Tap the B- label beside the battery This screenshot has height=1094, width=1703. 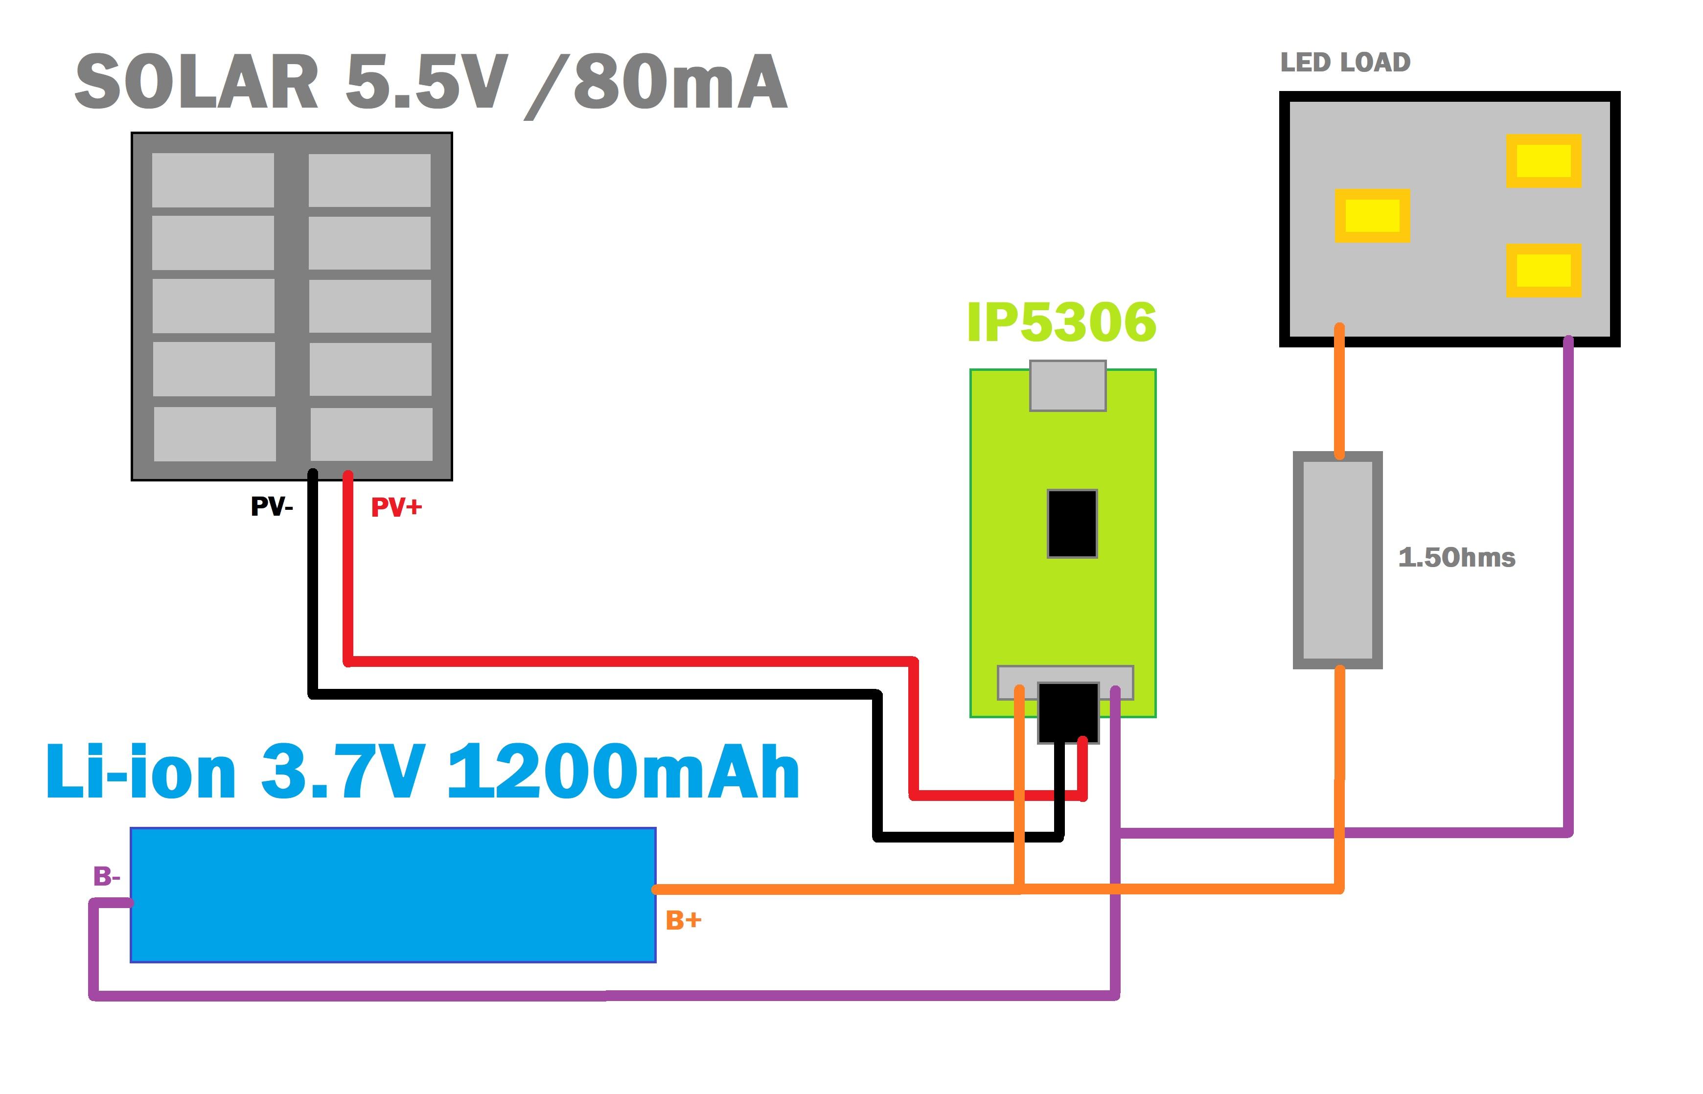(107, 877)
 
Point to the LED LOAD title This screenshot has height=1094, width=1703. (1345, 63)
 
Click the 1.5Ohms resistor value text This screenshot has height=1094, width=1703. (1456, 558)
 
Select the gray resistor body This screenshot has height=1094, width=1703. (1337, 560)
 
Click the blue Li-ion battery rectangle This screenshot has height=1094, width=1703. (392, 894)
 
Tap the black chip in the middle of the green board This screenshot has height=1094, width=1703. (1072, 524)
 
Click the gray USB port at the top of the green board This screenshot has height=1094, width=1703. (1068, 386)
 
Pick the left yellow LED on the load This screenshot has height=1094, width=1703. (1372, 215)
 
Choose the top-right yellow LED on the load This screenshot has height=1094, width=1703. (1543, 160)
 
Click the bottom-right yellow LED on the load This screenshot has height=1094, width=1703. (1543, 270)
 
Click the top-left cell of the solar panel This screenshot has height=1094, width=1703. (213, 180)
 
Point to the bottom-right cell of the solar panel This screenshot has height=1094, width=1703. (371, 433)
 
